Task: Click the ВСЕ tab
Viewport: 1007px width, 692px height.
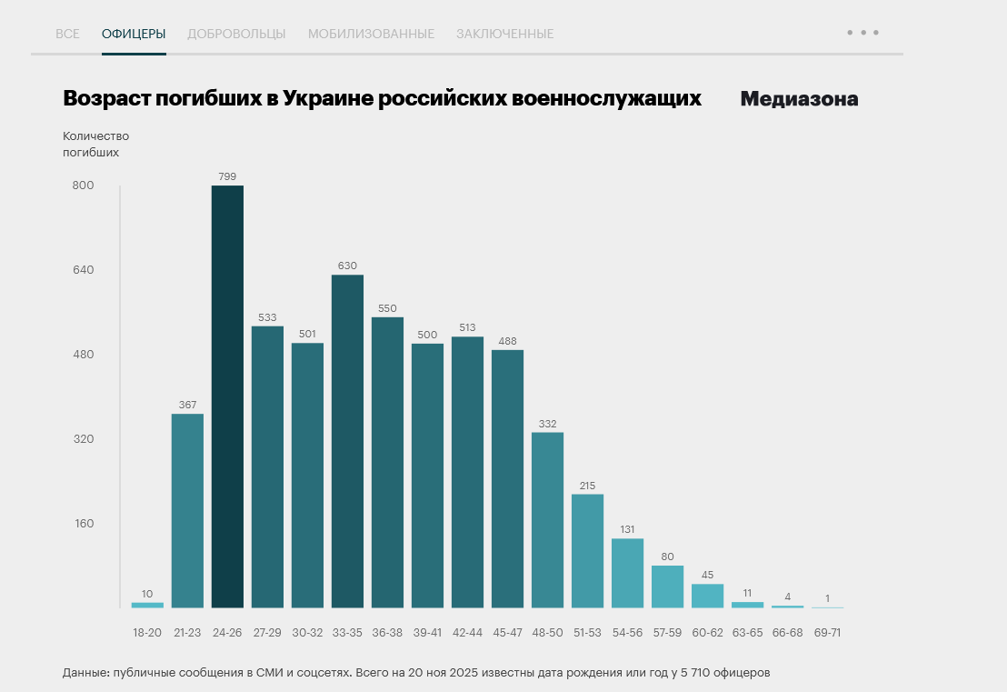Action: tap(67, 34)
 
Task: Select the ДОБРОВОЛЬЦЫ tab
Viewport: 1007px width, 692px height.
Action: tap(236, 34)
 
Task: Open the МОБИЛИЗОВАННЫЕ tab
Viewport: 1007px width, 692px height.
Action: tap(371, 34)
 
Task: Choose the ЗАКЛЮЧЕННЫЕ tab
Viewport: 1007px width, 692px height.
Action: tap(504, 34)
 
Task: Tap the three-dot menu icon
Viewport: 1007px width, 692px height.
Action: tap(862, 32)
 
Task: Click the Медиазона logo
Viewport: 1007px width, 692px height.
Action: tap(799, 99)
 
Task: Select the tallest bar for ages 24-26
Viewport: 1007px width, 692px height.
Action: tap(227, 396)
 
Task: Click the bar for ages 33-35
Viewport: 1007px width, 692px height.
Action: tap(347, 441)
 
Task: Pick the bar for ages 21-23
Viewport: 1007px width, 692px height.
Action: tap(187, 510)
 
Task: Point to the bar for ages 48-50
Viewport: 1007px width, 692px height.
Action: tap(547, 519)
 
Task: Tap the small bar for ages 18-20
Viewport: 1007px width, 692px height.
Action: tap(147, 605)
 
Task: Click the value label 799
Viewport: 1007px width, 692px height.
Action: tap(227, 176)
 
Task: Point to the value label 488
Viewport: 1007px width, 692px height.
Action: tap(507, 341)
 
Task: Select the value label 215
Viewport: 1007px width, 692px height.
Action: tap(587, 485)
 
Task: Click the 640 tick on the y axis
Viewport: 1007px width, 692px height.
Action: tap(83, 270)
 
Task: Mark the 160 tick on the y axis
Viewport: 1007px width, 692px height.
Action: tap(83, 524)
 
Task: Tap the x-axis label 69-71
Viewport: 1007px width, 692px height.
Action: tap(827, 632)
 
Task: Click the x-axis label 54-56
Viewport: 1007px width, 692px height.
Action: tap(627, 632)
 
